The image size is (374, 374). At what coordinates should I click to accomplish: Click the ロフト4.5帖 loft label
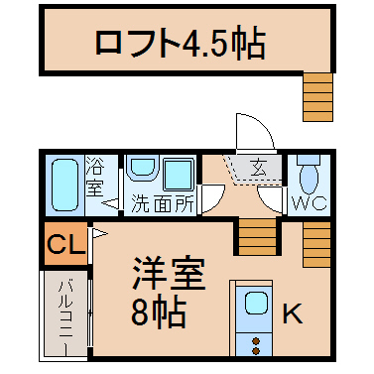pos(181,44)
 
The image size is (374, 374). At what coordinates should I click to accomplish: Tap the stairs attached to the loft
pos(317,96)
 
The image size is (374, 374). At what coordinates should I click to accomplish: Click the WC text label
pos(310,203)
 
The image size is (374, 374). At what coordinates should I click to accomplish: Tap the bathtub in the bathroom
pos(65,185)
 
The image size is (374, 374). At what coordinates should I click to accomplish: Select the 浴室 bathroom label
pos(94,177)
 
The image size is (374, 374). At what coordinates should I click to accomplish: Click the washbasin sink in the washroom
pos(142,169)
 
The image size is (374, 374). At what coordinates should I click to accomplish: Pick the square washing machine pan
pos(179,174)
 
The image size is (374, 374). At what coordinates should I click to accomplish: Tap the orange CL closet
pos(66,243)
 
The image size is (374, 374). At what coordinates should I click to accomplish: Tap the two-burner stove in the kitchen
pos(254,345)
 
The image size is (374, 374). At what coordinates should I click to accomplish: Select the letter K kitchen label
pos(293,313)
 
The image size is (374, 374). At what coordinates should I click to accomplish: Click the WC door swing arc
pos(269,199)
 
